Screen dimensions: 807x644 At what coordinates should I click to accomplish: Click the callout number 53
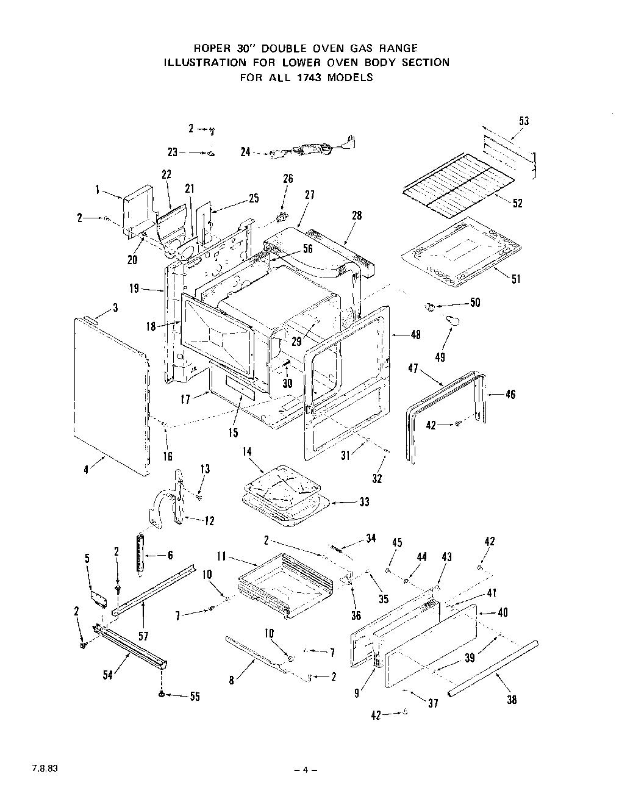(524, 121)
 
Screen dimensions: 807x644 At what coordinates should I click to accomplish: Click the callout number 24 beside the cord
(246, 152)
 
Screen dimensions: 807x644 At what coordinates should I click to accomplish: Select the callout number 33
(364, 502)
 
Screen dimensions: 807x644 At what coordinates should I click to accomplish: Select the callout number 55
(194, 697)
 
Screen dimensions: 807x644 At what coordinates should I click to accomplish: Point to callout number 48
(416, 334)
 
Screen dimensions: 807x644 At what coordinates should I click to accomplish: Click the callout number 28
(357, 215)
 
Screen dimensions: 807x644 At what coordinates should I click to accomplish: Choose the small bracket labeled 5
(98, 595)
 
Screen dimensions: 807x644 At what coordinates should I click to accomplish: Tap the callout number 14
(247, 452)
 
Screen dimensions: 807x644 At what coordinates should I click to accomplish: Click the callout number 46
(510, 394)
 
